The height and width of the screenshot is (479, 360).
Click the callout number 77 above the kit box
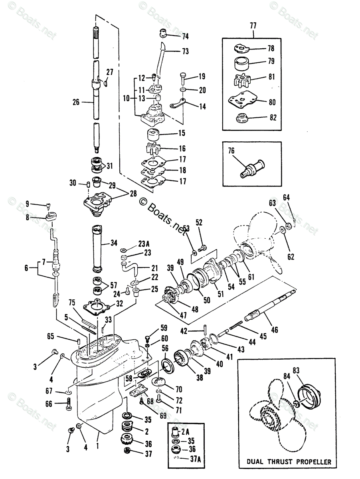coord(253,26)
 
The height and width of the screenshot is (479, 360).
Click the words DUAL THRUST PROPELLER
coord(289,461)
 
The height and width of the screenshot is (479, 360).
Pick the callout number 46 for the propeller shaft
coord(274,330)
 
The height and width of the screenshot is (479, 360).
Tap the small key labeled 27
coord(105,83)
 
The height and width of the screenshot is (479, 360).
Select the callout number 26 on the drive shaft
coord(76,102)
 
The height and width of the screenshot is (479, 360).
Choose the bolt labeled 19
coord(183,78)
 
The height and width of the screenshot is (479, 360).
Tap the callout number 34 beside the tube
coord(114,243)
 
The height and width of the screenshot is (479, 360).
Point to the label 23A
coord(144,243)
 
